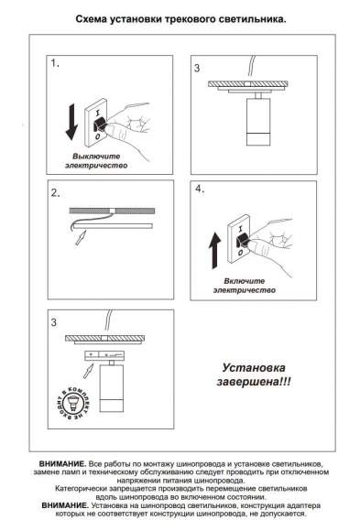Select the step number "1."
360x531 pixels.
(x=57, y=66)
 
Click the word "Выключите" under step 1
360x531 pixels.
(x=96, y=158)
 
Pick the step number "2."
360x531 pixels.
(x=57, y=193)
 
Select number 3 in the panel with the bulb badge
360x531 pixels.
(x=55, y=322)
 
